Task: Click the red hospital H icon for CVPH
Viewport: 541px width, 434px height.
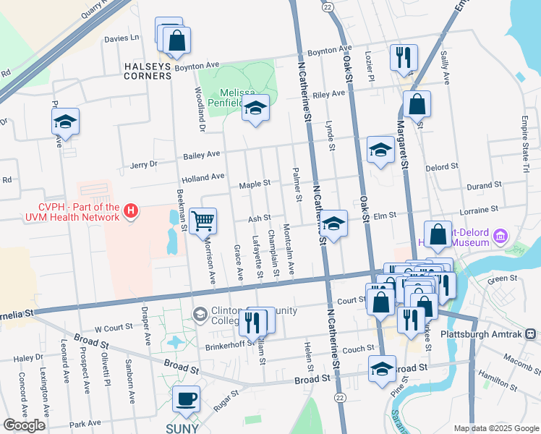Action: [131, 211]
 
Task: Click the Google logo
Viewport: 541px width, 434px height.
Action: [24, 425]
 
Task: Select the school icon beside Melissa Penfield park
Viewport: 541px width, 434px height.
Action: [255, 109]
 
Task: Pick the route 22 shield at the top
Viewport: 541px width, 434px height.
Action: [328, 7]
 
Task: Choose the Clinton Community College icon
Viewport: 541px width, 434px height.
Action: [200, 313]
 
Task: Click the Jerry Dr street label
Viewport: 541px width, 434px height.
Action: [143, 165]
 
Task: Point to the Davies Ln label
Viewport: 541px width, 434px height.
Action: [122, 38]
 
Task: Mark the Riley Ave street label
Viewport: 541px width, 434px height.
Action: [328, 94]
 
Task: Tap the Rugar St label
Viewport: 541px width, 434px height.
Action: [225, 402]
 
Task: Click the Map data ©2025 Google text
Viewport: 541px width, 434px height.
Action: [496, 427]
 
